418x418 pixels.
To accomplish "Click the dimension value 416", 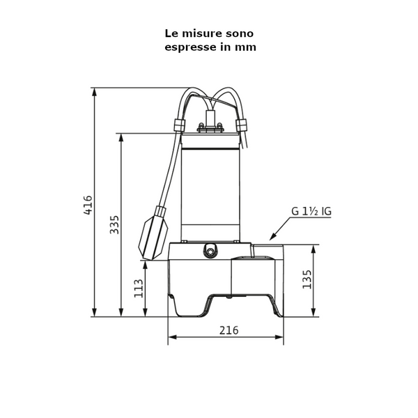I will [x=88, y=205].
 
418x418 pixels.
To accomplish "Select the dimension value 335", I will [x=115, y=224].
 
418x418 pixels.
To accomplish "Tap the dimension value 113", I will [x=139, y=288].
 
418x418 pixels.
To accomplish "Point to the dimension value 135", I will [x=307, y=279].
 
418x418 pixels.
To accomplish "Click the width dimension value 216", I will [x=229, y=330].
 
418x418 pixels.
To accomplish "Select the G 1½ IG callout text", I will [x=311, y=211].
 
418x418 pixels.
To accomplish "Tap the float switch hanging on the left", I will [x=154, y=233].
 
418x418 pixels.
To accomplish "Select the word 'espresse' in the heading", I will [x=190, y=47].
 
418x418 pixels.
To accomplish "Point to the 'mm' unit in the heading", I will [x=247, y=47].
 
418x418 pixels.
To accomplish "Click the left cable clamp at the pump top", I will [x=178, y=125].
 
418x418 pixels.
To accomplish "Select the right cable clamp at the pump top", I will [x=242, y=125].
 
